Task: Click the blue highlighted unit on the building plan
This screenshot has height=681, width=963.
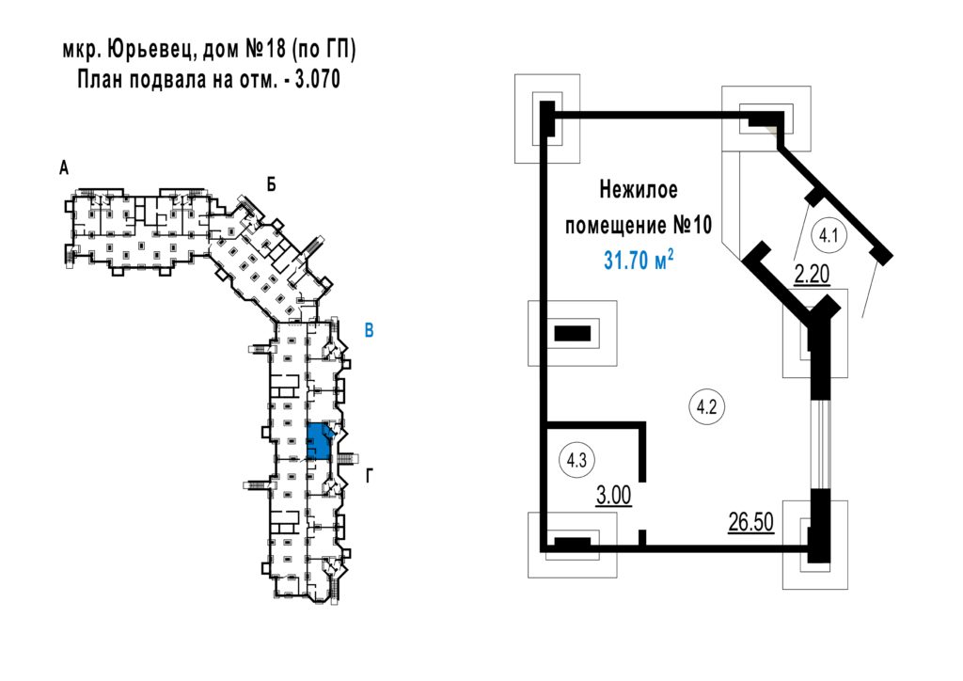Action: pos(318,441)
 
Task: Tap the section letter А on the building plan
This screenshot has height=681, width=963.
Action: pos(64,167)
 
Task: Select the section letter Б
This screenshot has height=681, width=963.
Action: pos(271,184)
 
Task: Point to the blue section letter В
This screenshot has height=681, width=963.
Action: pos(369,330)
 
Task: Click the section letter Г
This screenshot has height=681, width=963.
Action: pos(369,476)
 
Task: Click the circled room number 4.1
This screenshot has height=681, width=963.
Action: pos(829,235)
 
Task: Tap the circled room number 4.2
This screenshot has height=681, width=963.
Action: pos(707,406)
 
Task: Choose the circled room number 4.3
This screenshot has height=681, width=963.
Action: pos(576,460)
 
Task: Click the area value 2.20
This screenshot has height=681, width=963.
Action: pos(812,275)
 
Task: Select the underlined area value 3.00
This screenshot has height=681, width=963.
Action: pos(613,495)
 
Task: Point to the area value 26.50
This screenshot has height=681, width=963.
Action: pos(750,522)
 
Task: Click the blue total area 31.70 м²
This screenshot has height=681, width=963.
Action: pos(639,260)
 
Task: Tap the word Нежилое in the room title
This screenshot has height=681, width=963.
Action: pos(639,190)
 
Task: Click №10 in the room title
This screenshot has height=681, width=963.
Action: pos(692,226)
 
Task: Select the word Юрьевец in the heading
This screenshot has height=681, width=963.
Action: pos(150,50)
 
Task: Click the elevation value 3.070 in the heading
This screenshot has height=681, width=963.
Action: pos(318,80)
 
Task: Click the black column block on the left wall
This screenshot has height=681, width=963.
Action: pos(573,333)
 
